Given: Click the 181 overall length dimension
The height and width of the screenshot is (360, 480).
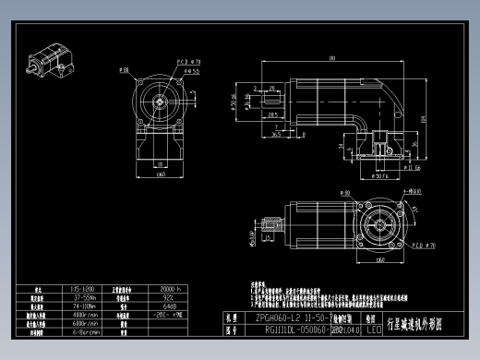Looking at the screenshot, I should (331, 59).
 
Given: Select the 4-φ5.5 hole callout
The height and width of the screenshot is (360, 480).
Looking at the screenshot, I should (192, 70).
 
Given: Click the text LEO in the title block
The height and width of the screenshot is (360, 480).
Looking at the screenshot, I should (374, 328).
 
